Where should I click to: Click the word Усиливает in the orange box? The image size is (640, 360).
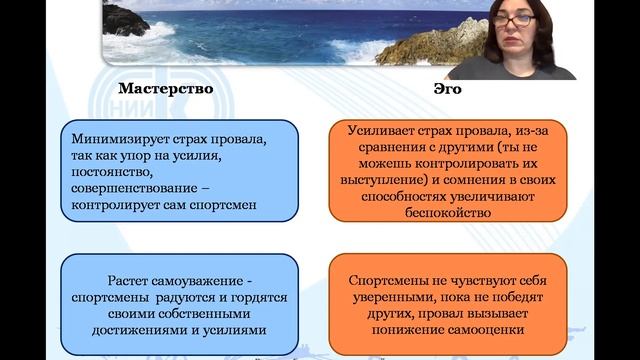379,130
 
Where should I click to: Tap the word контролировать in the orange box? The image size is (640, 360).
467,164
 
